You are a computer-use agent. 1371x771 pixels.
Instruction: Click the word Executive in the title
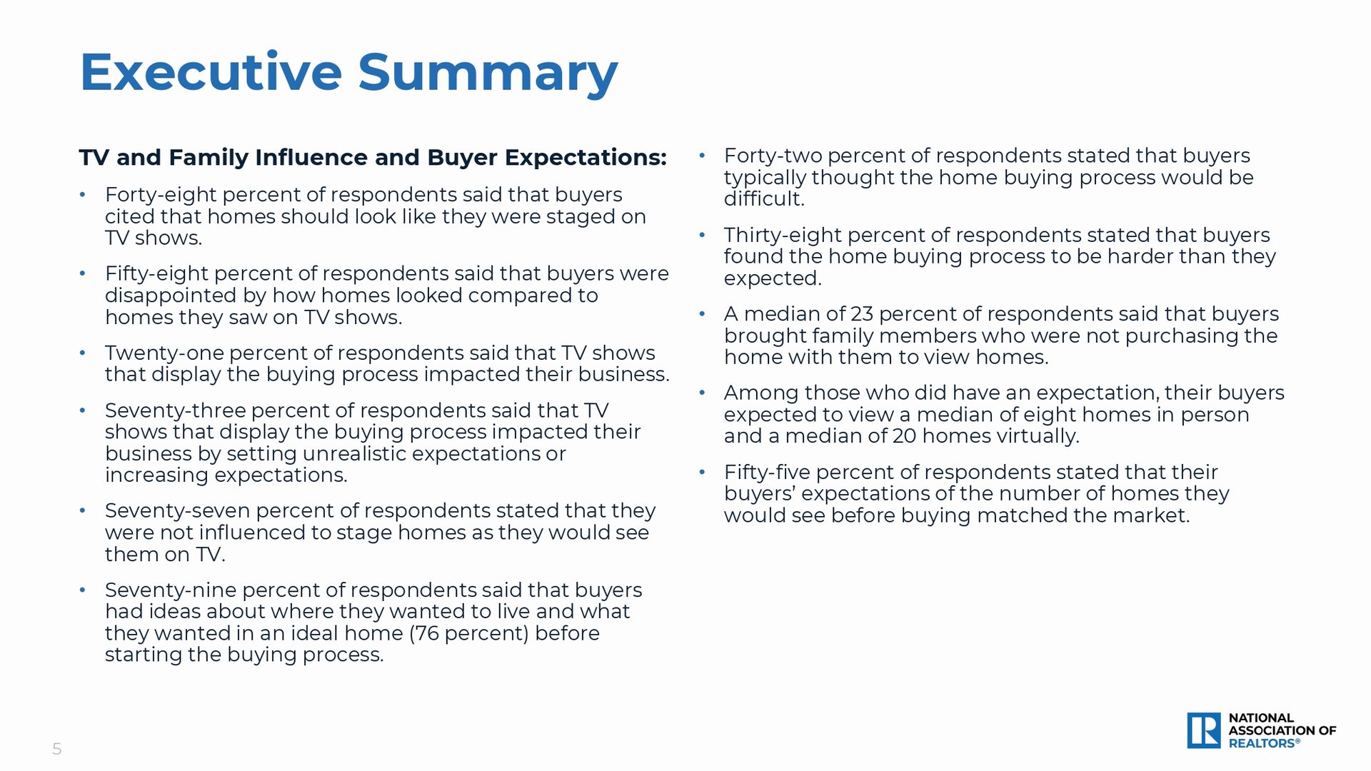[211, 72]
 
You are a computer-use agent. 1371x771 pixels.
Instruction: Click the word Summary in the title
[488, 75]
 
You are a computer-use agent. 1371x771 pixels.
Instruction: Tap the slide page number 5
[57, 749]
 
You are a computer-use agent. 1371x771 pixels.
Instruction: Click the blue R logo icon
[1204, 730]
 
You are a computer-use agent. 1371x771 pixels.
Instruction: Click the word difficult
[764, 198]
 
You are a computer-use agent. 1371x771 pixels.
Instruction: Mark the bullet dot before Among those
[702, 393]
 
